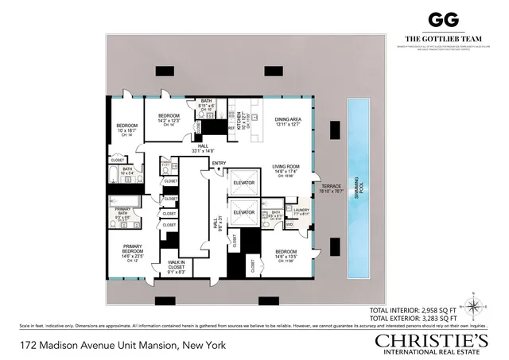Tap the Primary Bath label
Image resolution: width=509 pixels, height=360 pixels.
[122, 211]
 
